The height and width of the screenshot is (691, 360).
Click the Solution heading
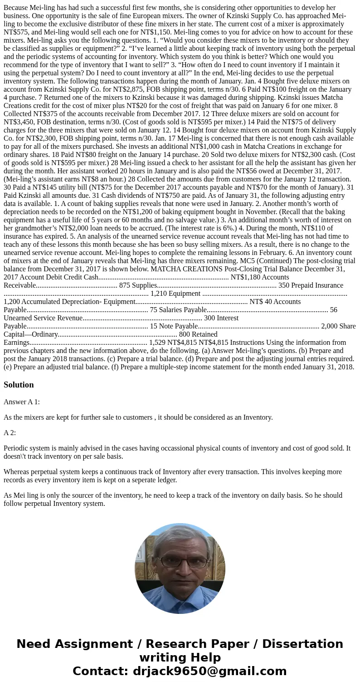coord(19,385)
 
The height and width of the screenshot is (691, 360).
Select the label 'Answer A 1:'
coord(21,402)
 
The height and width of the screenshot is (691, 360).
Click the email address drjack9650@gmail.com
coord(210,671)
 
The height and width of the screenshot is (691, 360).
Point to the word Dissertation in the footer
coord(302,644)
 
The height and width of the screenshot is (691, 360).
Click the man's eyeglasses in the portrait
coord(180,562)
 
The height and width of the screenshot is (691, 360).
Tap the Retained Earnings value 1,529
coord(158,343)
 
